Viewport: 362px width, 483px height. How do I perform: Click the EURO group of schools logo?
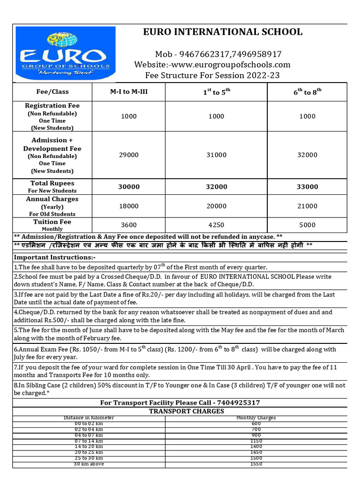(x=66, y=53)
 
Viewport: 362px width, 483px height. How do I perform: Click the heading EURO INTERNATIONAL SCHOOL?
(x=223, y=32)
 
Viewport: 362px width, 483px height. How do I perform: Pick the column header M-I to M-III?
(x=129, y=92)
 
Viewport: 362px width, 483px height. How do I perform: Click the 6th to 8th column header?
(x=307, y=92)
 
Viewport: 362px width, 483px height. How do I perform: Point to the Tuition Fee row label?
(x=52, y=222)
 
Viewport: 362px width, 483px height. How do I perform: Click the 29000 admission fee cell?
(x=129, y=155)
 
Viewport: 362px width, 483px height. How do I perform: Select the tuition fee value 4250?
(x=216, y=225)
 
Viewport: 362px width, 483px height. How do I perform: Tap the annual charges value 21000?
(x=307, y=206)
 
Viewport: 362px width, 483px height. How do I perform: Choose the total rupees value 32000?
(x=216, y=187)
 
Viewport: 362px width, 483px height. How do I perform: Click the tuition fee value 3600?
(x=129, y=225)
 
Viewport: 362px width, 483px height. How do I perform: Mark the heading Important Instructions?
(x=55, y=258)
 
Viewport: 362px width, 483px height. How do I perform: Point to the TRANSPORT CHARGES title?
(x=187, y=411)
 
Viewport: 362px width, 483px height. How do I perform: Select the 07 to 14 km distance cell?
(x=89, y=441)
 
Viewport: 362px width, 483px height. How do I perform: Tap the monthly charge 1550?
(x=256, y=464)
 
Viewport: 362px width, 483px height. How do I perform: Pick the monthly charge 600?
(x=256, y=423)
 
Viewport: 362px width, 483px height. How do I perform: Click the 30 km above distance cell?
(x=89, y=464)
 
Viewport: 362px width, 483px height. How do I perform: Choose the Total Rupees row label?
(x=52, y=183)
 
